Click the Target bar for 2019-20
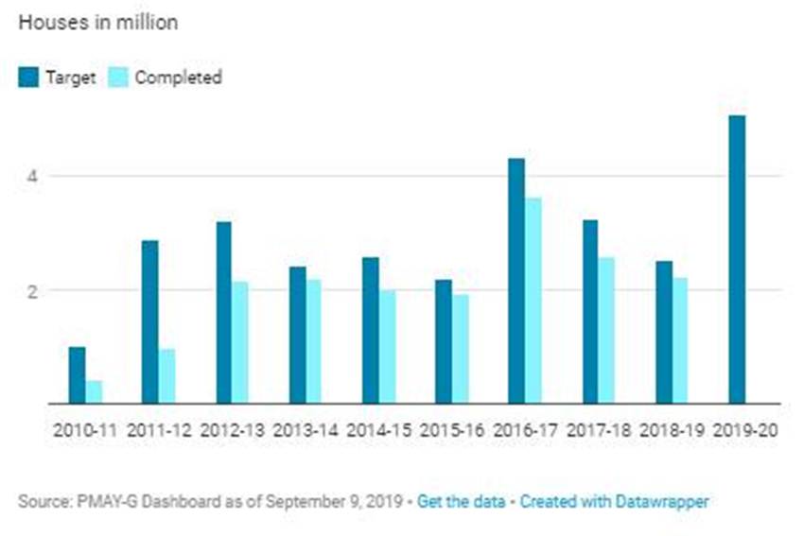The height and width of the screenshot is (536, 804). coord(737,260)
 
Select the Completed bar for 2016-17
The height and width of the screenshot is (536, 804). coord(533,301)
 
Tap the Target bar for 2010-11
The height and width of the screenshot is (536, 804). coord(77,375)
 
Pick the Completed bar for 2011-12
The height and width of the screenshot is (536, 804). coord(167,376)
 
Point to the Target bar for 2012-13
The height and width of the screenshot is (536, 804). coord(223,313)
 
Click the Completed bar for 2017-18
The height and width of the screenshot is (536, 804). coord(606,331)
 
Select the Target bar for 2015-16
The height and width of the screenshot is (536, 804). coord(443,341)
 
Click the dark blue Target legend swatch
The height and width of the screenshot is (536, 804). coord(28,78)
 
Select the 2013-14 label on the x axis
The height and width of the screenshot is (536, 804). coord(306,429)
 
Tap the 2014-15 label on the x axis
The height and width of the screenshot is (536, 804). coord(378,429)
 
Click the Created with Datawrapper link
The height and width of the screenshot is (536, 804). coord(614,500)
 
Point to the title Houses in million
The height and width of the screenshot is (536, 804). coord(97,23)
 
